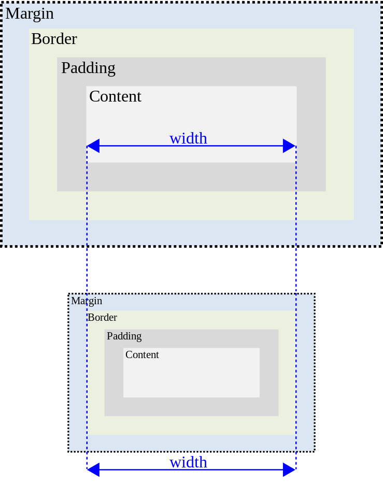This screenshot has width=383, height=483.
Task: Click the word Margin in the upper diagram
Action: (x=30, y=14)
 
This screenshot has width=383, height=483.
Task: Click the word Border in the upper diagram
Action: (x=54, y=39)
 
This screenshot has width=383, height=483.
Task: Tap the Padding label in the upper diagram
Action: (x=88, y=68)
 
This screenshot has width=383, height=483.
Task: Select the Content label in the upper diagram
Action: (x=115, y=97)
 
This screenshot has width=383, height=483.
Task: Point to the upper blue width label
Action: (x=188, y=138)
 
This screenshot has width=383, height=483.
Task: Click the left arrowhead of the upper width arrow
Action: (x=93, y=146)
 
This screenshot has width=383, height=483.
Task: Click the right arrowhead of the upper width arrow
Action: (x=289, y=146)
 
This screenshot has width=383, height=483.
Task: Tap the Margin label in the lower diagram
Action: (x=87, y=301)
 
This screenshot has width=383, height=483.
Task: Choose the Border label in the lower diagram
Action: (x=102, y=318)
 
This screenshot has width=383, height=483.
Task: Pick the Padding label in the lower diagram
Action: (x=124, y=336)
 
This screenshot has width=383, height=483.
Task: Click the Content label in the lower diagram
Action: (x=142, y=355)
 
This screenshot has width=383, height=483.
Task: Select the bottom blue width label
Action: (x=188, y=462)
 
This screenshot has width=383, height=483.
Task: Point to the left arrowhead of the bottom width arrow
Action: (x=93, y=470)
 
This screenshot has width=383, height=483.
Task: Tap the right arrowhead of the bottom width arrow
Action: (x=289, y=470)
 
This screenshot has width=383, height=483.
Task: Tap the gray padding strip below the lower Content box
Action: (x=191, y=407)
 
